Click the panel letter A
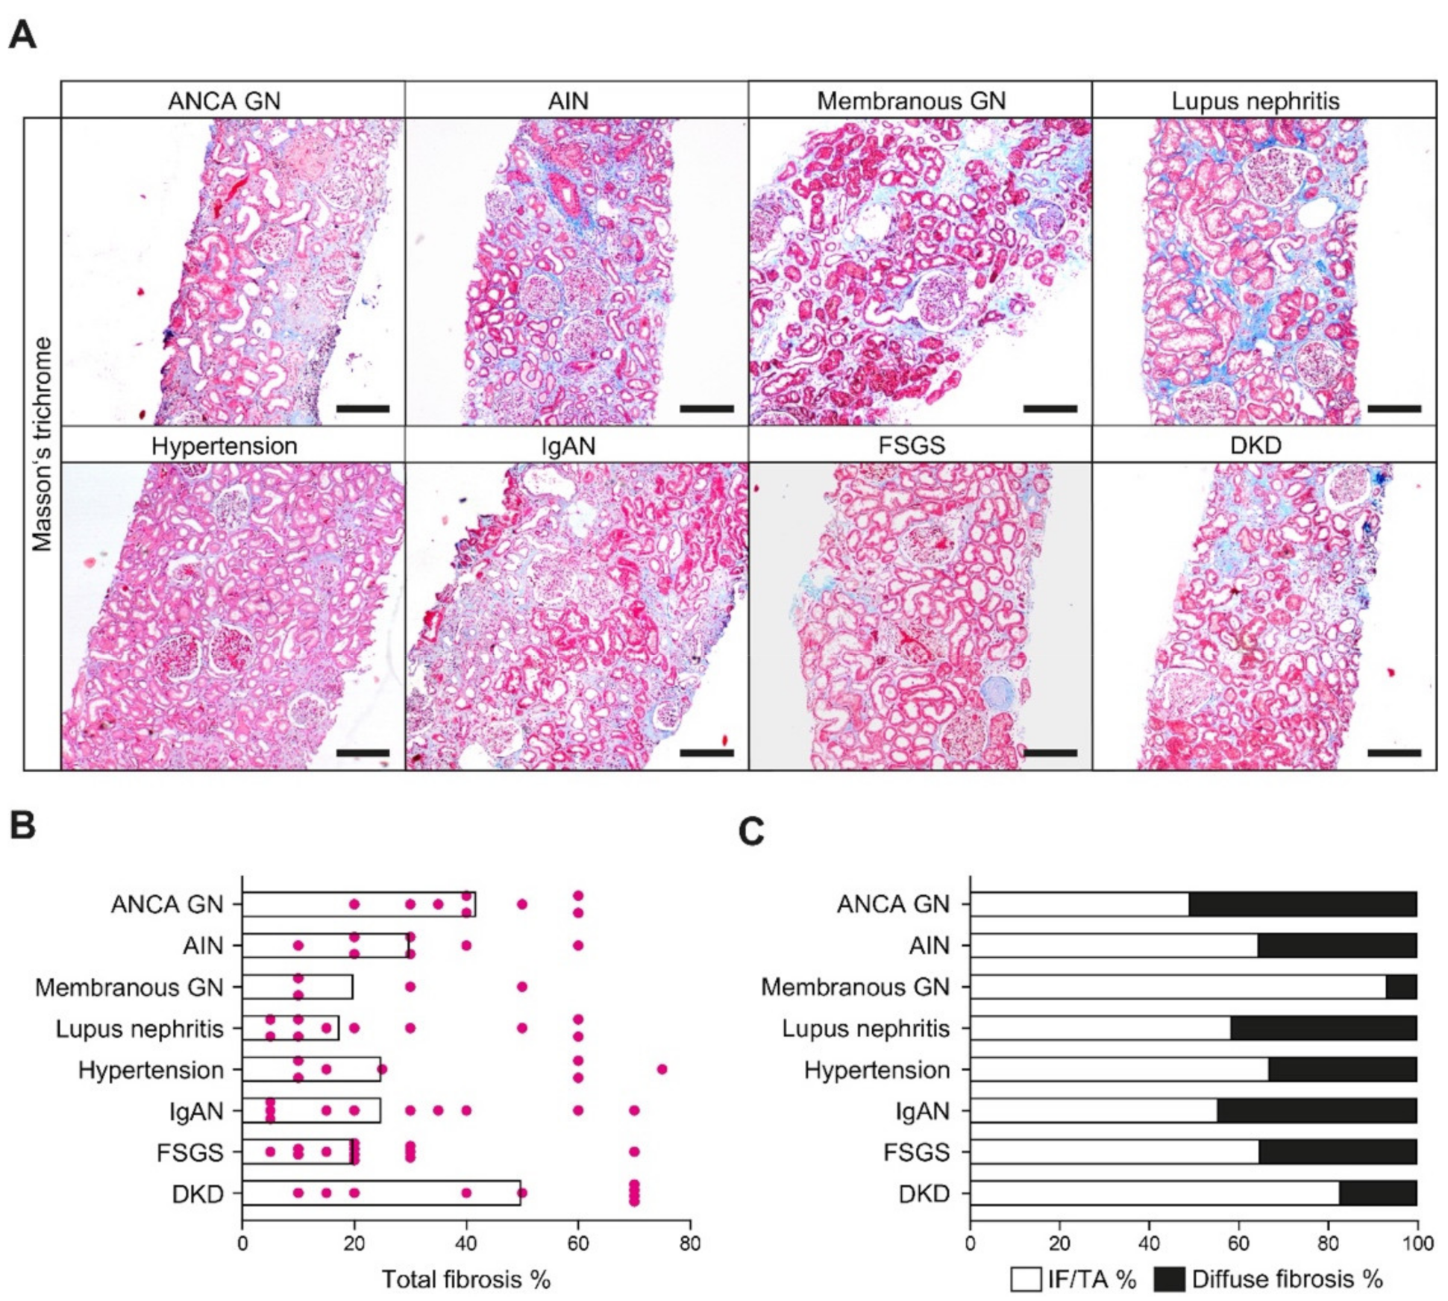[x=22, y=34]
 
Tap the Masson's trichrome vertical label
[x=43, y=445]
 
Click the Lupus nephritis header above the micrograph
[x=1255, y=100]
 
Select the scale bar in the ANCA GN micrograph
[x=363, y=409]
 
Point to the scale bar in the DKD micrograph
[x=1394, y=753]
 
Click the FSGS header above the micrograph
[x=911, y=445]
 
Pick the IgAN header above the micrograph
[x=568, y=445]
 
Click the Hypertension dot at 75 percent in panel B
[x=662, y=1069]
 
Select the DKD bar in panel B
[x=380, y=1193]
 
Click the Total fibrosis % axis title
[x=466, y=1279]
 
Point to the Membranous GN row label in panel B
[x=129, y=987]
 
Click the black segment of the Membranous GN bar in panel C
[x=1401, y=987]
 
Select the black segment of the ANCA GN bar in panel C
[x=1302, y=904]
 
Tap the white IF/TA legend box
[x=1026, y=1279]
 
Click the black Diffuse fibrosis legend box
[x=1169, y=1279]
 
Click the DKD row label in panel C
[x=924, y=1194]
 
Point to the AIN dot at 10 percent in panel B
[x=298, y=946]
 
